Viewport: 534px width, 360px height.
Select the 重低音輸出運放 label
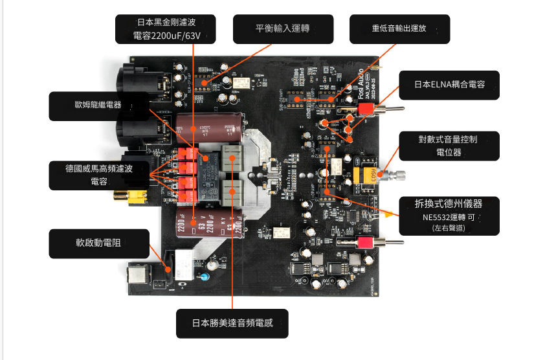coord(399,29)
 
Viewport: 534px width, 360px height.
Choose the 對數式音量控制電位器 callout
coord(449,146)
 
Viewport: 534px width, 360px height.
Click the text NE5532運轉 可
coord(449,217)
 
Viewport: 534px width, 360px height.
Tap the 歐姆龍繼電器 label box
coord(98,106)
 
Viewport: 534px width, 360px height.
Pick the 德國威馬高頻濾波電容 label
coord(98,175)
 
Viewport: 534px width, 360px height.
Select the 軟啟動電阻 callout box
coord(98,243)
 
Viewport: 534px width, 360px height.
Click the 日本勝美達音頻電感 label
coord(232,323)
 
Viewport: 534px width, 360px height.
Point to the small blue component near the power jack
coord(205,276)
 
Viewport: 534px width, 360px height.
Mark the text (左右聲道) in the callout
coord(449,228)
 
